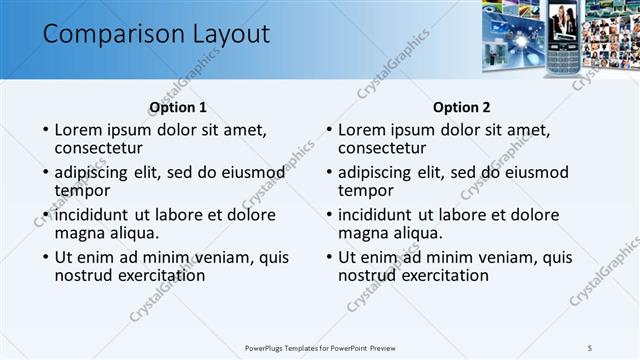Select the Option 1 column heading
click(x=178, y=107)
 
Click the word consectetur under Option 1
click(x=100, y=149)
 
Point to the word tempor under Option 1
click(x=82, y=191)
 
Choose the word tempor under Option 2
click(x=365, y=191)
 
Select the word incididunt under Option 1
click(x=92, y=214)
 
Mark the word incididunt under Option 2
click(x=375, y=214)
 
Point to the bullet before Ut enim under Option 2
click(x=329, y=257)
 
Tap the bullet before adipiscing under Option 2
click(x=329, y=172)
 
